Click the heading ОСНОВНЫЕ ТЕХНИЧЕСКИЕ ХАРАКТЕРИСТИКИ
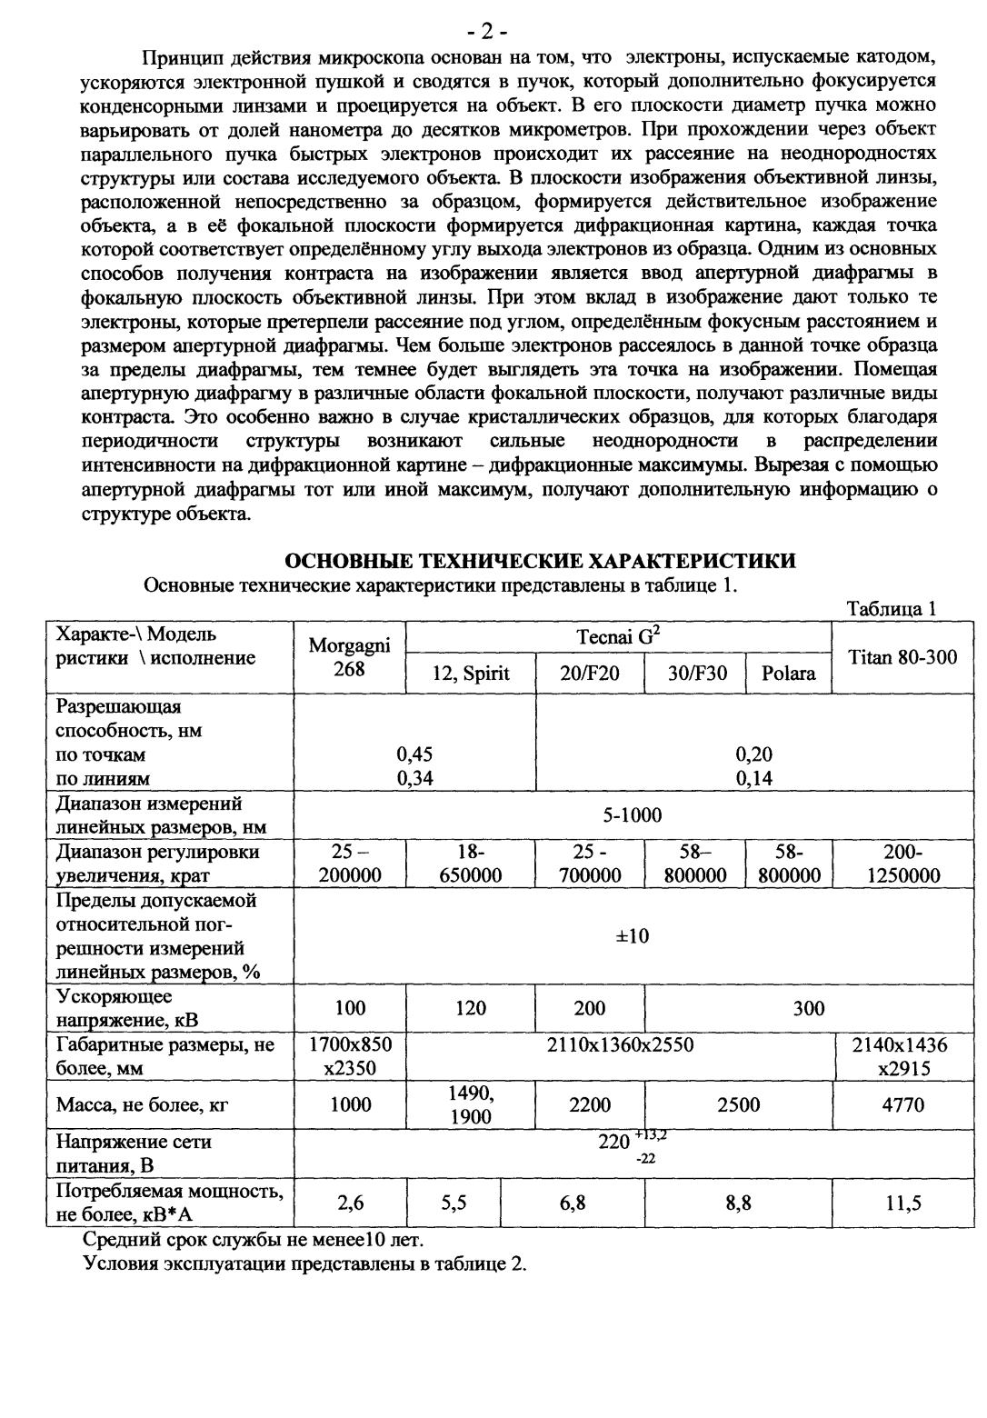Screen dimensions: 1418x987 541,560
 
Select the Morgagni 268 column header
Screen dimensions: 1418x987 349,656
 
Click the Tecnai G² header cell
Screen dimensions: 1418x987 618,637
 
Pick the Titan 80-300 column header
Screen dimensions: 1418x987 902,656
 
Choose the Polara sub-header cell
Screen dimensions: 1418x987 788,674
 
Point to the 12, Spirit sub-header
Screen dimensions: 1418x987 471,674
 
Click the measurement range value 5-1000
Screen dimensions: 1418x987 633,815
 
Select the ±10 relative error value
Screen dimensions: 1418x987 633,935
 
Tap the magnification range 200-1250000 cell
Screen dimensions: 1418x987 902,864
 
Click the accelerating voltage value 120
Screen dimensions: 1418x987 471,1007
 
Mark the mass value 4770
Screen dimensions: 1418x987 902,1104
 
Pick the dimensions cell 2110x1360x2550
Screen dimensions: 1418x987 620,1045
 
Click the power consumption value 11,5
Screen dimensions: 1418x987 902,1203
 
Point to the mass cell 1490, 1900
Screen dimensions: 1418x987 471,1104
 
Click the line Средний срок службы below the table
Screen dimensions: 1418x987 253,1238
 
